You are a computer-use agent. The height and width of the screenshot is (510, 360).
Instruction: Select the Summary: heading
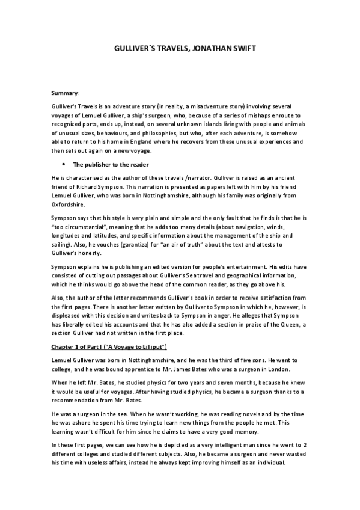click(66, 93)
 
